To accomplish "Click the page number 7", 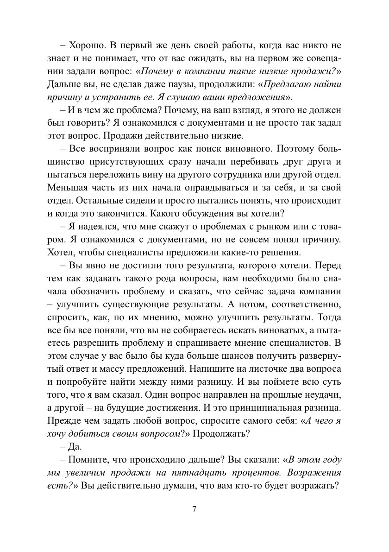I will [194, 509].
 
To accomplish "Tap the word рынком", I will [271, 228].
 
